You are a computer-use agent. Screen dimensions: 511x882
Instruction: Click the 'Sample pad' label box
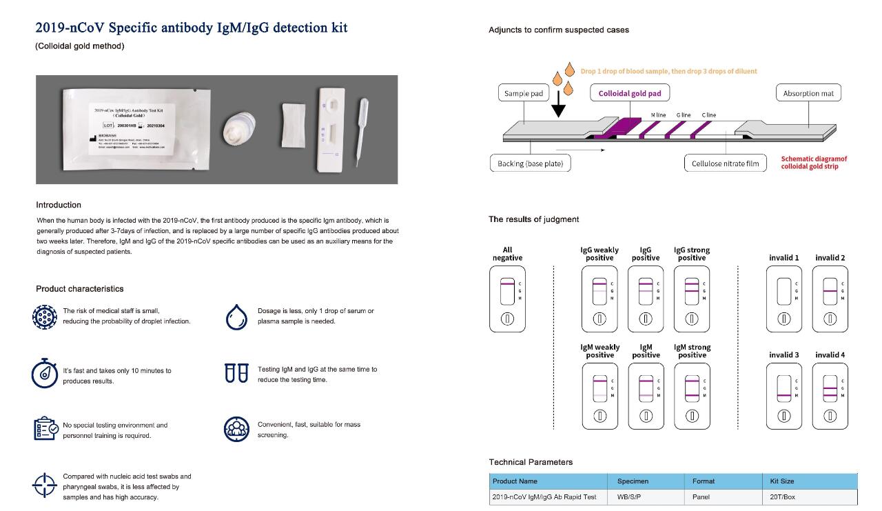coord(524,93)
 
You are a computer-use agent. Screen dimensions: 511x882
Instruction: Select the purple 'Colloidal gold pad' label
coord(629,93)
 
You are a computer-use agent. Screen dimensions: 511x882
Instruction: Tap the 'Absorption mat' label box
coord(808,93)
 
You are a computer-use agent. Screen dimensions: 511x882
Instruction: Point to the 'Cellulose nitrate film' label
coord(725,163)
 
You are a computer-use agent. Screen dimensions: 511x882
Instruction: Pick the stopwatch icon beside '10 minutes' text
coord(45,373)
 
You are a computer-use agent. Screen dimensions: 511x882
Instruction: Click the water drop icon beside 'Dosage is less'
coord(236,317)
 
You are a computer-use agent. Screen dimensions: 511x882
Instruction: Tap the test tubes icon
coord(236,373)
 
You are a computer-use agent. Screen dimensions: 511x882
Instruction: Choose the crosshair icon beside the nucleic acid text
coord(44,485)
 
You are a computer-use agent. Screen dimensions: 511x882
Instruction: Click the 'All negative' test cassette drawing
coord(507,300)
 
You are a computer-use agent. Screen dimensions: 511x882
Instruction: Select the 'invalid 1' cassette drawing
coord(783,300)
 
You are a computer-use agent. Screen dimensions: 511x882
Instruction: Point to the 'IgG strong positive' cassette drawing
coord(692,300)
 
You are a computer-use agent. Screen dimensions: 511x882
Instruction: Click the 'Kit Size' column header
coord(782,481)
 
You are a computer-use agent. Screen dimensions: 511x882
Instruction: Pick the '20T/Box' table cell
coord(783,497)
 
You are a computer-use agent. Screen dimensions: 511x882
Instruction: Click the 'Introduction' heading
coord(59,205)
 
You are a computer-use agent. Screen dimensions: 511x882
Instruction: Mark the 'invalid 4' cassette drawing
coord(830,397)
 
